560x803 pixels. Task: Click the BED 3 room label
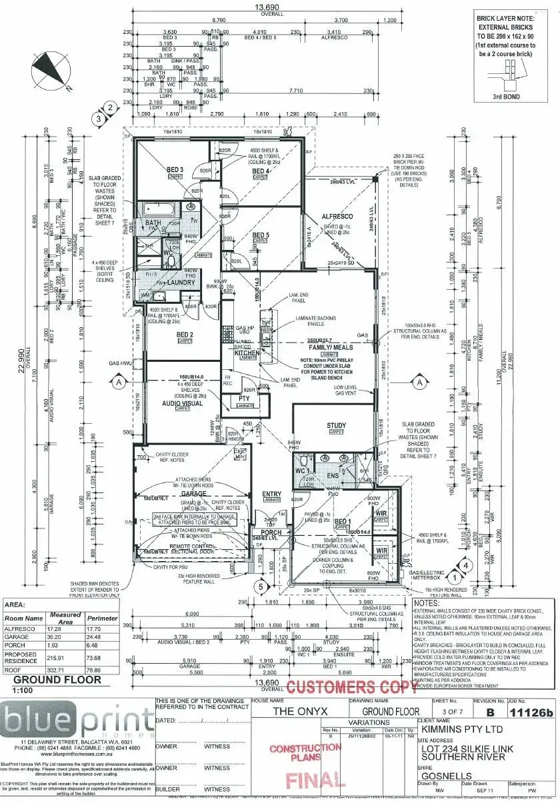[175, 170]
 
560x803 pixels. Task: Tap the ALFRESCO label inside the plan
[338, 217]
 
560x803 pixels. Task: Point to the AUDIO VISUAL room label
[182, 403]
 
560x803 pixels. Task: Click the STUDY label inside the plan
[336, 425]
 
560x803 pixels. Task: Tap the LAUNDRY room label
[181, 283]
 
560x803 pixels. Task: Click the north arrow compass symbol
[51, 69]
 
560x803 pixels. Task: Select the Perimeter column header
[102, 618]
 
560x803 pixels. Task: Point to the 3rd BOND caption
[506, 96]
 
